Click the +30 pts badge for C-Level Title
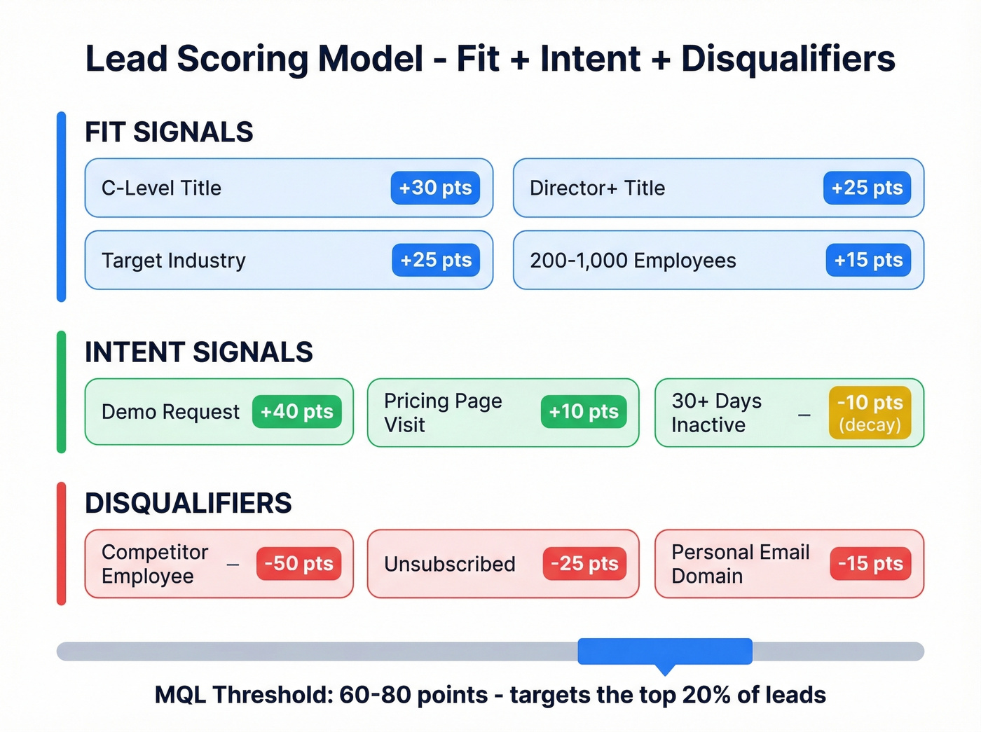[x=435, y=188]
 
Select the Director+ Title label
[x=597, y=188]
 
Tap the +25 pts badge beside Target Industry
[x=435, y=260]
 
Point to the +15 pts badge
[x=867, y=260]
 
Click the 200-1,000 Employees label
[x=633, y=261]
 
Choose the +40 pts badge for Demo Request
[x=296, y=411]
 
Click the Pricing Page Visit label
[x=443, y=413]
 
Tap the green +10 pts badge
[x=583, y=411]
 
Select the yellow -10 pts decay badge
[x=870, y=413]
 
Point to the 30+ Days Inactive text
[x=716, y=413]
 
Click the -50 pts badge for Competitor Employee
[x=299, y=563]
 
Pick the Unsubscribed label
[x=449, y=564]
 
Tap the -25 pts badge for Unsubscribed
[x=584, y=563]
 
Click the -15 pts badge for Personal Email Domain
[x=870, y=563]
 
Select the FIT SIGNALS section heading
[x=169, y=132]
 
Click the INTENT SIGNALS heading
[x=198, y=352]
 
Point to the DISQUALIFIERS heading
[x=188, y=503]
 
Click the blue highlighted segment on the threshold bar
[x=664, y=651]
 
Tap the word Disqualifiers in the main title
[x=788, y=59]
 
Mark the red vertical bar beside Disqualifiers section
[x=62, y=543]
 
